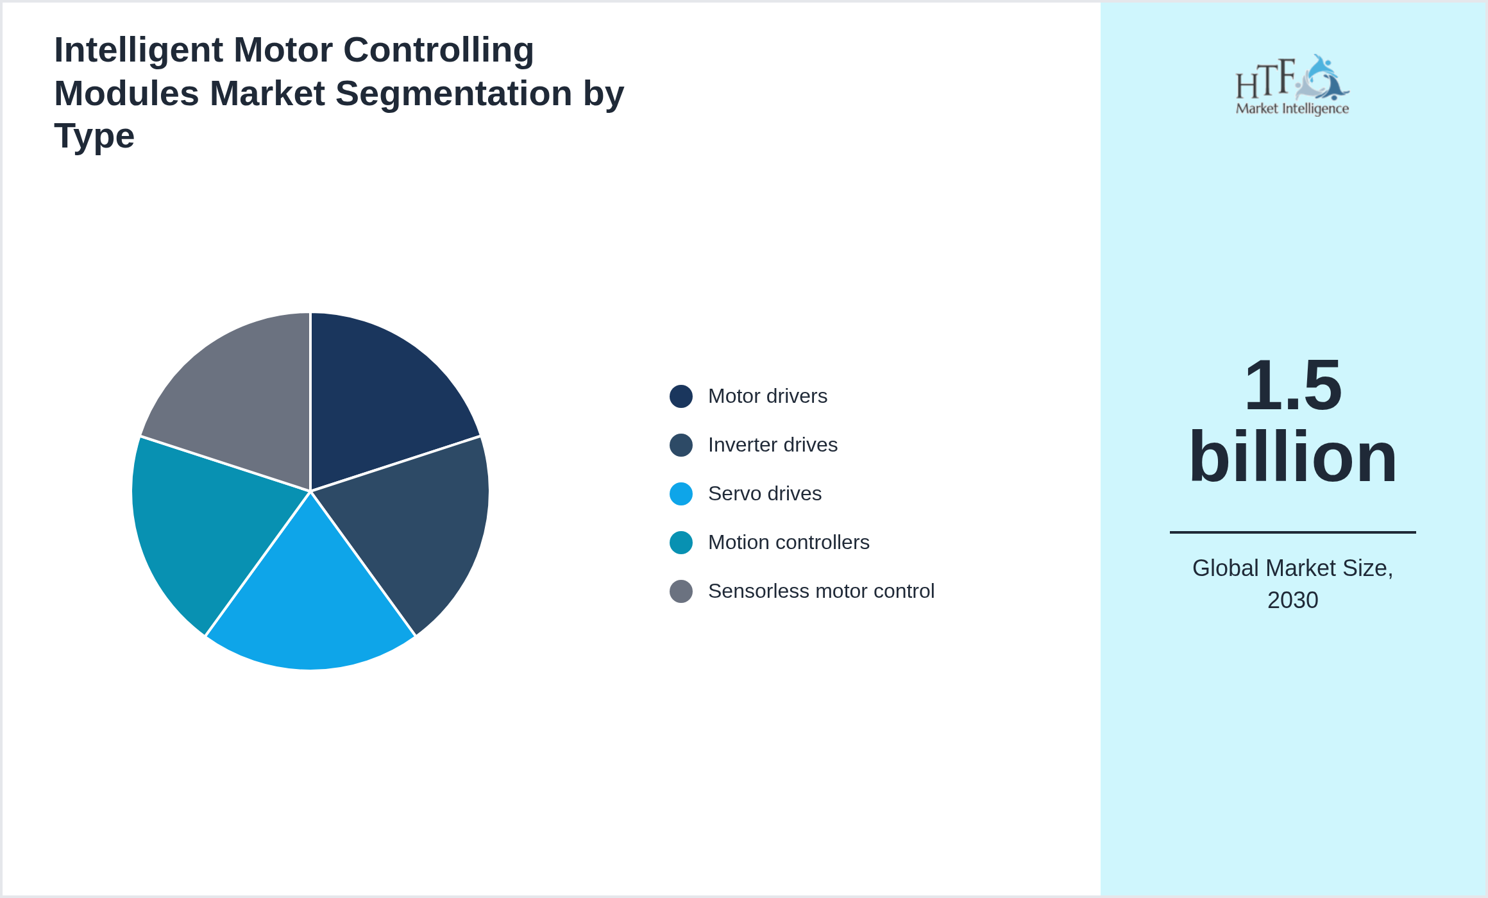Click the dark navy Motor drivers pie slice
tap(378, 404)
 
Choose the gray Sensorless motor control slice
tap(244, 404)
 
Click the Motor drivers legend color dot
tap(681, 396)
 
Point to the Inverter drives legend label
tap(772, 445)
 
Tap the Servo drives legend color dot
tap(681, 494)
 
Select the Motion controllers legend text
tap(788, 543)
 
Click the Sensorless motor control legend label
tap(820, 591)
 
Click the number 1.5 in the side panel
tap(1292, 385)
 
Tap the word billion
tap(1292, 457)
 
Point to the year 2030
tap(1292, 600)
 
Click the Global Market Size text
tap(1292, 568)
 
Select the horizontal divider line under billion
tap(1292, 532)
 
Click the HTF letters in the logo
tap(1265, 80)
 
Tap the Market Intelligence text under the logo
tap(1292, 108)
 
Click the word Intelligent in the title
tap(139, 50)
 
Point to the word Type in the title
tap(94, 136)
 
